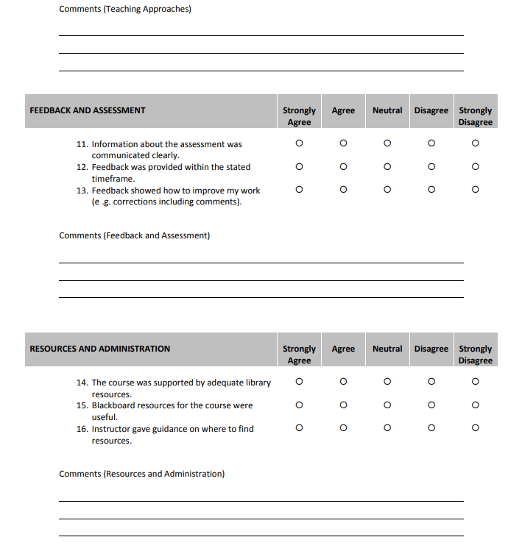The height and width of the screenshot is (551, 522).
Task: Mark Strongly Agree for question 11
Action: coord(299,143)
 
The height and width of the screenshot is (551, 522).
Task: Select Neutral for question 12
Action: coord(387,167)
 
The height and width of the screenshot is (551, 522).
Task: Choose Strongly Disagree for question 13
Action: coord(476,190)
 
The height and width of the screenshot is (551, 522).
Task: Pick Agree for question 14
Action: coord(343,382)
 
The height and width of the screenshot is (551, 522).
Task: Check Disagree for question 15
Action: coord(431,405)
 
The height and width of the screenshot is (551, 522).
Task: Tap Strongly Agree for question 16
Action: coord(299,428)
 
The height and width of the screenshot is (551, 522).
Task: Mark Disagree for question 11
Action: coord(431,143)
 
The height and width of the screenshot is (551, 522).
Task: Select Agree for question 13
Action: coord(343,190)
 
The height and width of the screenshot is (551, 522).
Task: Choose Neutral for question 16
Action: coord(387,428)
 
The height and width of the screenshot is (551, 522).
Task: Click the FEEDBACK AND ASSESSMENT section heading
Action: coord(88,110)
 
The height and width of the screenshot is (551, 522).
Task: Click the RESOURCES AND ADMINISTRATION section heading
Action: coord(99,349)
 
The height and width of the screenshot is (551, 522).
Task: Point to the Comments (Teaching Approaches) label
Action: coord(125,9)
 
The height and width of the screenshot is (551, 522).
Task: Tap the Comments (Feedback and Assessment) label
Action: coord(134,235)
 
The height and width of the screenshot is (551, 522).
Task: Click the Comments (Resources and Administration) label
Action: coord(141,474)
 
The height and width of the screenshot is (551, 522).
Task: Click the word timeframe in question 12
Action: coord(113,179)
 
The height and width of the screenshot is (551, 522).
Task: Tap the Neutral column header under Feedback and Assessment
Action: coord(387,110)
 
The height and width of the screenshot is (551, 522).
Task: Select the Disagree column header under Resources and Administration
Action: coord(431,349)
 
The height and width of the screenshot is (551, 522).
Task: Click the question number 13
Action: coord(82,191)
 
